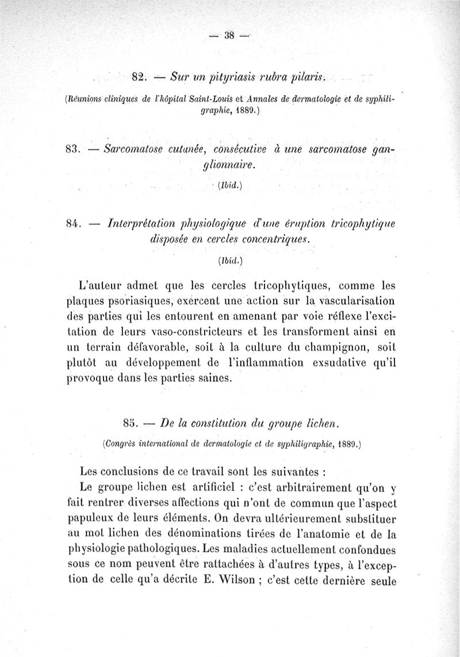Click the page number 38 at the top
coord(230,35)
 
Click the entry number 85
coord(131,424)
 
